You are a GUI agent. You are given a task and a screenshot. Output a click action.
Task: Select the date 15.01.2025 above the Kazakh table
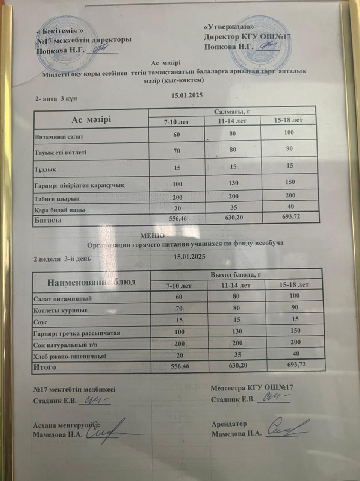tap(187, 95)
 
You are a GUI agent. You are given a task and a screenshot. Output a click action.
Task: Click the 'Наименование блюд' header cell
tap(91, 281)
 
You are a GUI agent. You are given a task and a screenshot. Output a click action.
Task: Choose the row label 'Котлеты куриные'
tap(61, 310)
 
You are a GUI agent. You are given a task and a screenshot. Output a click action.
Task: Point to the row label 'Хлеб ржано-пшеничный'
tap(70, 356)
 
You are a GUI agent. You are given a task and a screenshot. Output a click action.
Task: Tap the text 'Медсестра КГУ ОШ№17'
tap(252, 388)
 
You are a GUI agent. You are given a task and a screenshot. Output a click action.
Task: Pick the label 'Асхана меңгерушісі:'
tap(67, 425)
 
